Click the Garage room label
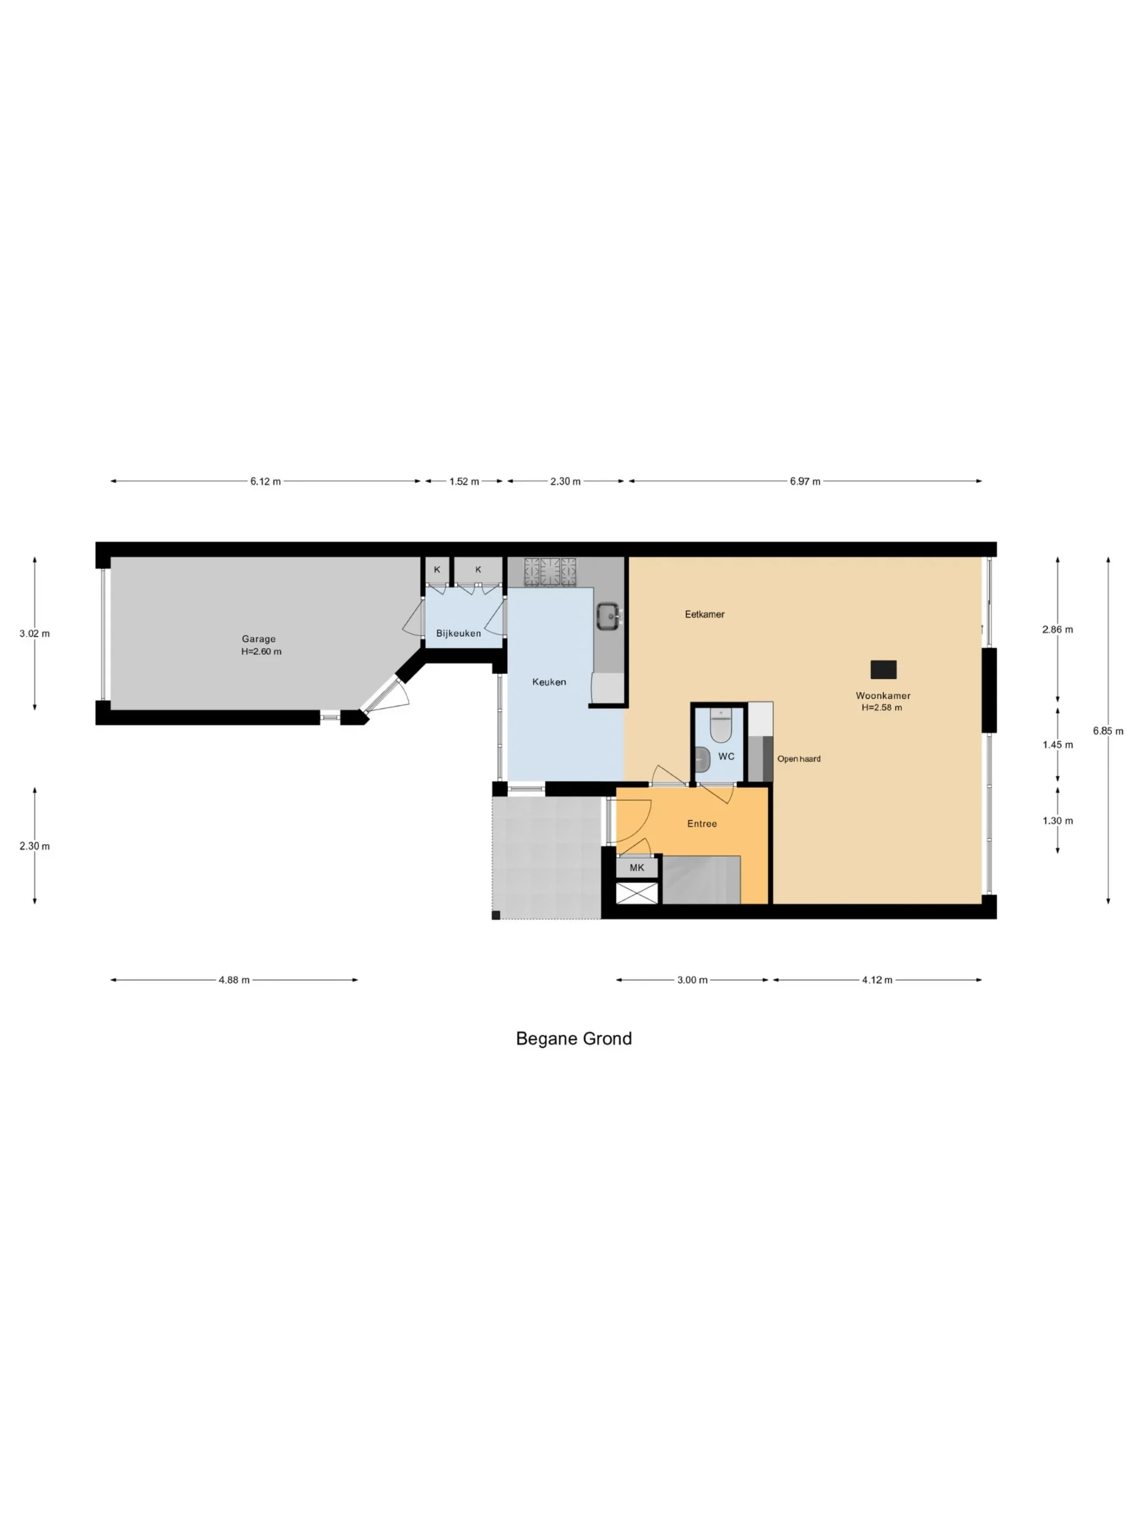tap(258, 639)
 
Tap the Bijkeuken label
tap(458, 633)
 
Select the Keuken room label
tap(549, 682)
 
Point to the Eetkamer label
tap(704, 614)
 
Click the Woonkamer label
tap(883, 696)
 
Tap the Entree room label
tap(702, 823)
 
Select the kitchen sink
tap(609, 617)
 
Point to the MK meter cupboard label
tap(636, 867)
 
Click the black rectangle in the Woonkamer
tap(883, 670)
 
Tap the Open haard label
tap(798, 758)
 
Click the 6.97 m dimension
tap(805, 481)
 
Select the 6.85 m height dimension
tap(1108, 731)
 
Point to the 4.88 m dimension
tap(234, 980)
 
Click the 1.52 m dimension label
tap(464, 481)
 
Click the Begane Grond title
tap(573, 1038)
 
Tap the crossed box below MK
tap(636, 893)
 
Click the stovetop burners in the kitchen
tap(550, 572)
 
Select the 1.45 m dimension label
tap(1057, 745)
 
